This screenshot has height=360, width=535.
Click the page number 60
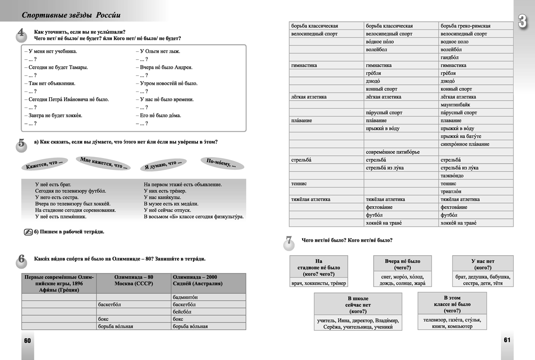[x=27, y=341]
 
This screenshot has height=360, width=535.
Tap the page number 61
[x=507, y=340]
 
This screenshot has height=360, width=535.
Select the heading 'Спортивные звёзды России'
[x=71, y=15]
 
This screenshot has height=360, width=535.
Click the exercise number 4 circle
[x=21, y=35]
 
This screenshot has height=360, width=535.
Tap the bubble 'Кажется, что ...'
[x=44, y=164]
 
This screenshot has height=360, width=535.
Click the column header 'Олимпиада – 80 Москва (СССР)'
[x=134, y=280]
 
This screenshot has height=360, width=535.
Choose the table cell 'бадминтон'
[x=185, y=297]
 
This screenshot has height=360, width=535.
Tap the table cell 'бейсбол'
[x=182, y=312]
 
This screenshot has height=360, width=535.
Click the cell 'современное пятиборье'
[x=392, y=152]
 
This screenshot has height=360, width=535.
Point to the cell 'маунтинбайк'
[x=458, y=105]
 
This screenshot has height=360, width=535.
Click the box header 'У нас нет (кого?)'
[x=483, y=264]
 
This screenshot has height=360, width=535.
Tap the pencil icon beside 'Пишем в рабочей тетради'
[x=27, y=232]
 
